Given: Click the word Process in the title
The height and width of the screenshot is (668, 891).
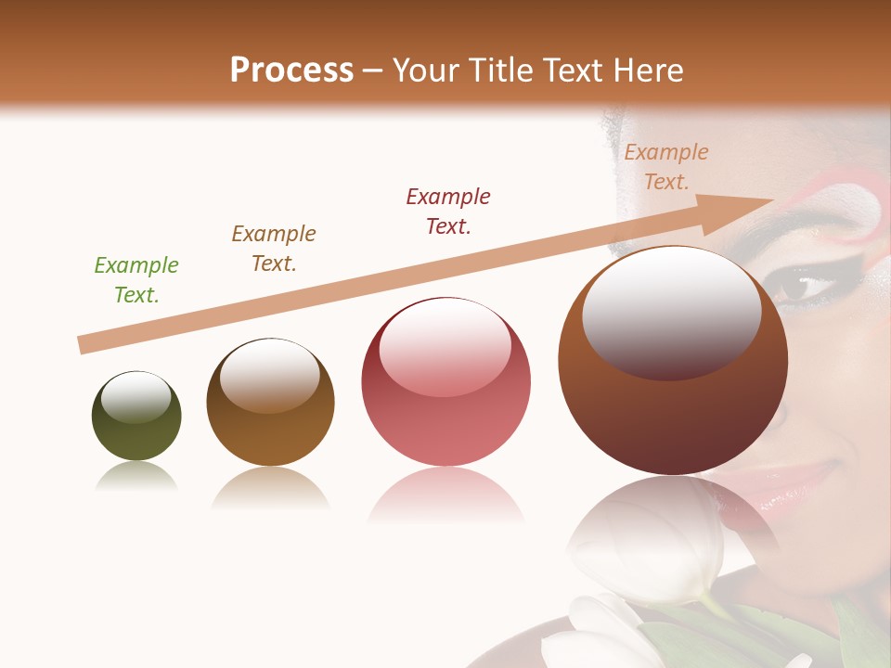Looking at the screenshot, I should coord(291,71).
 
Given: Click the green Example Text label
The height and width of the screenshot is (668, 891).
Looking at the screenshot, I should coord(136,280).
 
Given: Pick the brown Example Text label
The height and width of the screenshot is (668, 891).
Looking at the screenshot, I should coord(274,249).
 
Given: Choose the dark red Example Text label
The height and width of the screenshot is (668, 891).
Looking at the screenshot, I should coord(448,212).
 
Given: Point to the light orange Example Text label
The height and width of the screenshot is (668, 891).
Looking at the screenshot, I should coord(666,167).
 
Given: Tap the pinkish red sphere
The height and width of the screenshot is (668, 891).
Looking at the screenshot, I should coord(445,408).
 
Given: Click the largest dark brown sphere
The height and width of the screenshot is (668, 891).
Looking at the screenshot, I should coord(673,408).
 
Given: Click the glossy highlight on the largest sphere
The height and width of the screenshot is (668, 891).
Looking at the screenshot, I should coord(671,311).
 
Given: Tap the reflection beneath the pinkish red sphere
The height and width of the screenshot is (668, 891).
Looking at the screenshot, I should coord(445,496).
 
